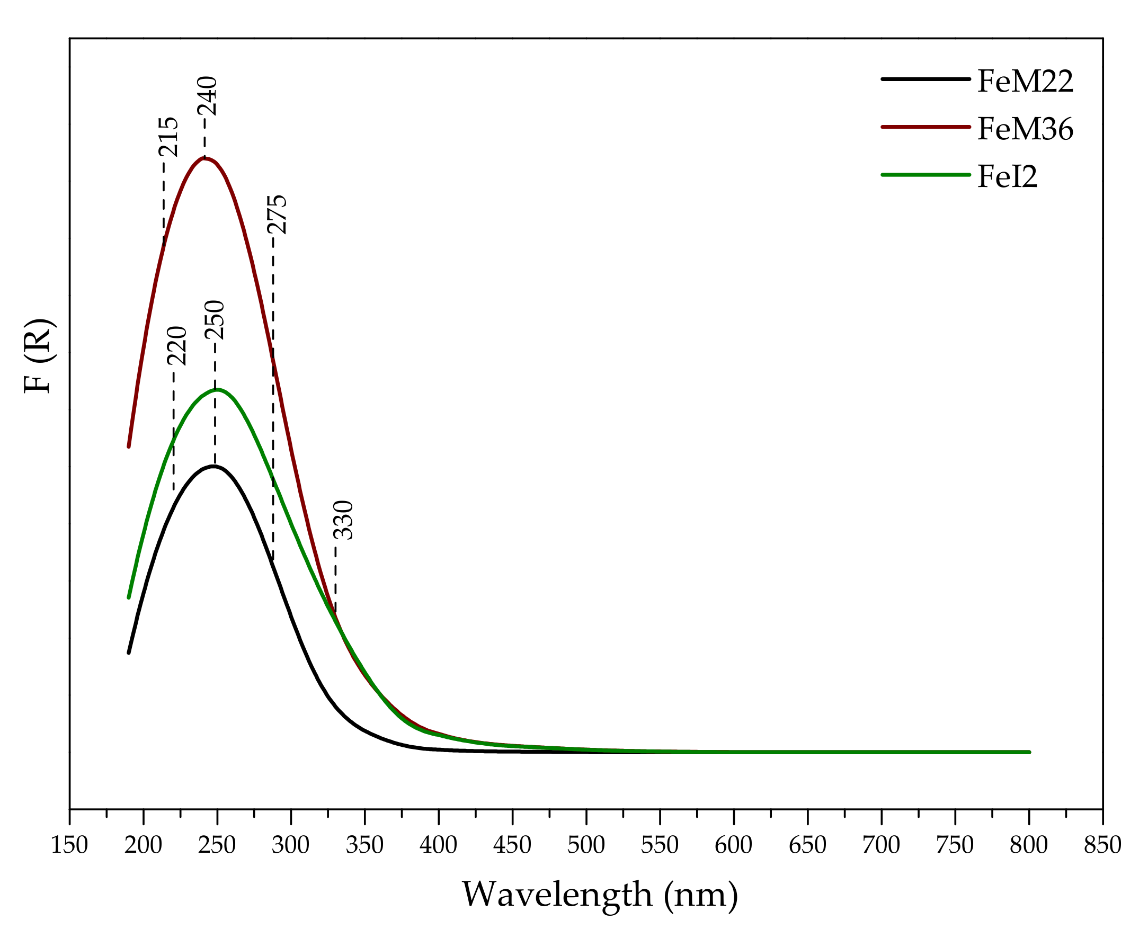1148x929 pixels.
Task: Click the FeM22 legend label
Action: coord(1025,82)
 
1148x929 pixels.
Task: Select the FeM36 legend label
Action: coord(1025,130)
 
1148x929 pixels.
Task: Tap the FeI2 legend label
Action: coord(1007,177)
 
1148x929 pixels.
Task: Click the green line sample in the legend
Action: coord(925,174)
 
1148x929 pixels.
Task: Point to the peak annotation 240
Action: coord(208,96)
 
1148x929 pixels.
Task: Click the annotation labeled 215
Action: coord(168,137)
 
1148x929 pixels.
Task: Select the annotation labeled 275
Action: coord(277,215)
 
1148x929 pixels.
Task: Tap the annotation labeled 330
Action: coord(343,520)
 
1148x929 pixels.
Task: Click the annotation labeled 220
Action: coord(176,346)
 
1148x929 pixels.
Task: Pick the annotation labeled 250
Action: coord(215,320)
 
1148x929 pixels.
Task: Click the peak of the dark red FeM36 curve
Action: coord(204,158)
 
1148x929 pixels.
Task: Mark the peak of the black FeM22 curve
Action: coord(213,466)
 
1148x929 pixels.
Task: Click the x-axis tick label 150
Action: coord(69,845)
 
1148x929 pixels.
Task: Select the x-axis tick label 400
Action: coord(438,845)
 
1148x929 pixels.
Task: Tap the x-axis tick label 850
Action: coord(1102,845)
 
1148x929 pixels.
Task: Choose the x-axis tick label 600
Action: coord(733,845)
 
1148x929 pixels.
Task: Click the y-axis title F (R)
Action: coord(39,356)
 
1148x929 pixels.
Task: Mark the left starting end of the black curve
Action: coord(129,653)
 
